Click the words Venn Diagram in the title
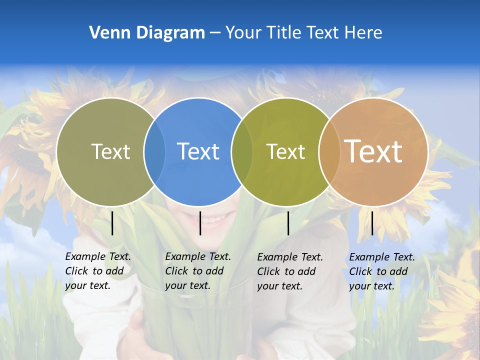point(147,33)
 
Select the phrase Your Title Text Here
point(303,33)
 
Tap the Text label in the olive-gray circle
point(110,151)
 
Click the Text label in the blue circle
point(198,151)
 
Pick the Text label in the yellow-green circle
point(285,151)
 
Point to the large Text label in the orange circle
point(373,151)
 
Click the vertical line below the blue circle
point(200,223)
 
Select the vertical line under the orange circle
point(372,223)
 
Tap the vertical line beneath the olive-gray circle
point(112,223)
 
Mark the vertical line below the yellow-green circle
point(288,223)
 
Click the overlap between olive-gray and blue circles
point(154,151)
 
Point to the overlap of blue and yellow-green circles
point(242,151)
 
